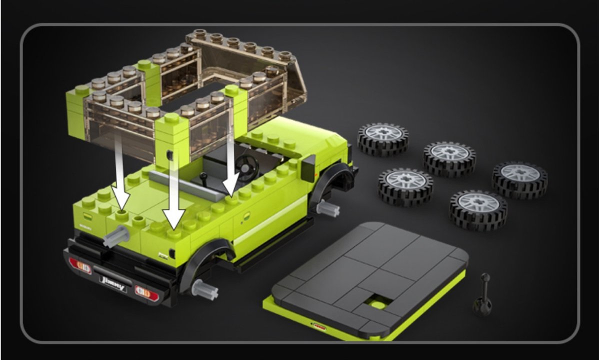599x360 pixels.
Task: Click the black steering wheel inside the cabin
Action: (246, 166)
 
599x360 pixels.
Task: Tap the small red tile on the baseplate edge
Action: (318, 327)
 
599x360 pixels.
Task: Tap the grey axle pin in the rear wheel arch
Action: (205, 289)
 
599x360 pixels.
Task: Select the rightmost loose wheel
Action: (520, 179)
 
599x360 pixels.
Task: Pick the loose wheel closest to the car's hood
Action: (382, 139)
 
